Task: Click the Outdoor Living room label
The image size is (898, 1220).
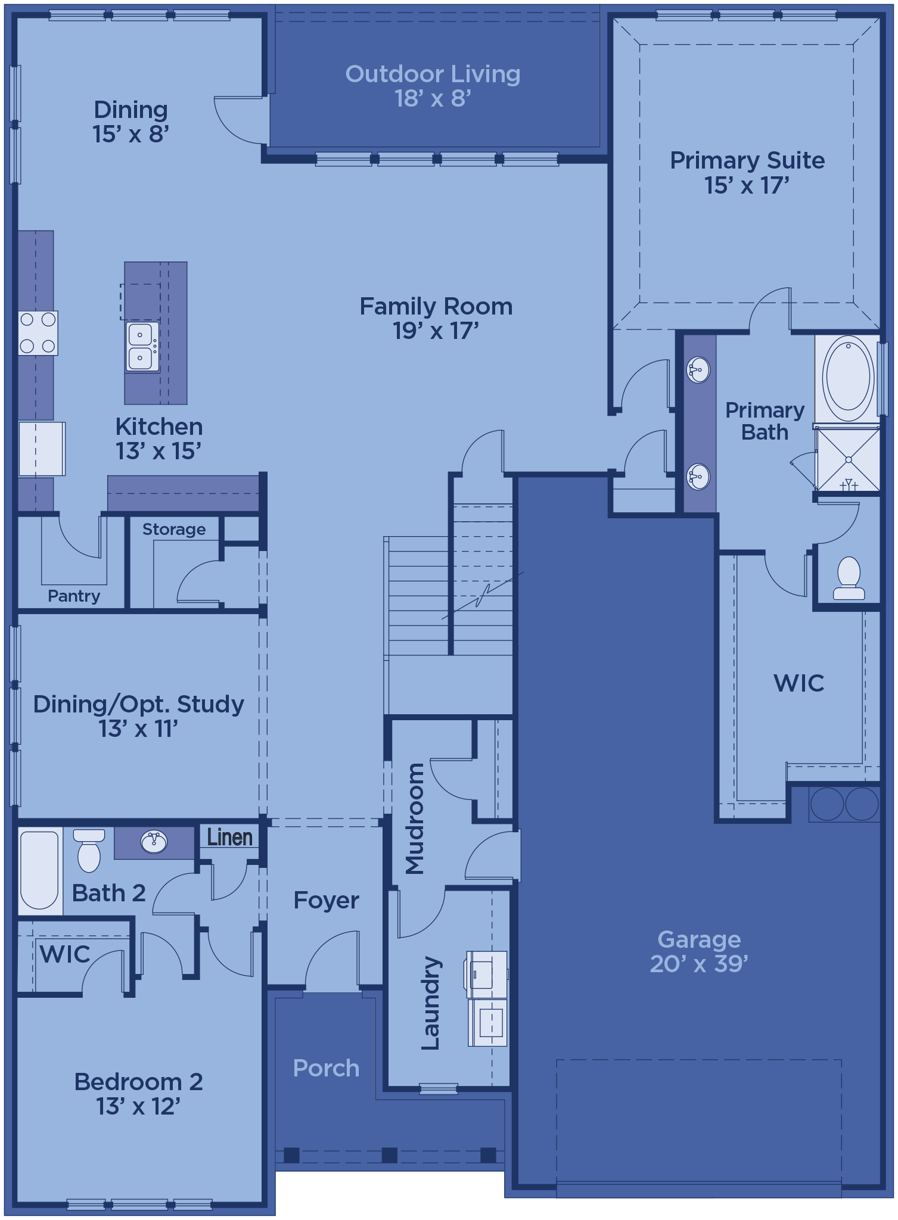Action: (433, 74)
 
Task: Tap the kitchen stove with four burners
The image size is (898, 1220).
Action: (38, 333)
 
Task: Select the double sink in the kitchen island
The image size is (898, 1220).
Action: (142, 346)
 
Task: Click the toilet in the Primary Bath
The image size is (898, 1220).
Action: (849, 578)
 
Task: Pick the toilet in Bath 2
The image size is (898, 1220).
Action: (89, 850)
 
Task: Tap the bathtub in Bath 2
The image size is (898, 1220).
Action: (39, 870)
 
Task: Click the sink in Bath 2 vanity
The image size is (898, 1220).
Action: (154, 842)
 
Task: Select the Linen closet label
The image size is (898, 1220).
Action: (230, 837)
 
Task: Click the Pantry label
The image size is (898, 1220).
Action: (74, 596)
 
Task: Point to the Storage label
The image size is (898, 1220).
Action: (174, 529)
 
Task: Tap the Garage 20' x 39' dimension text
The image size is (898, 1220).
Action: (699, 963)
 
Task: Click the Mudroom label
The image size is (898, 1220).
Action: (415, 818)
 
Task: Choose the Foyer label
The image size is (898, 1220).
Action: (327, 900)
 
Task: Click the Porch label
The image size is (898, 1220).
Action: (327, 1068)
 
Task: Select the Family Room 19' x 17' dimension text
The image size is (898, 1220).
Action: (436, 331)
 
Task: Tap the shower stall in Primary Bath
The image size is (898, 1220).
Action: (848, 459)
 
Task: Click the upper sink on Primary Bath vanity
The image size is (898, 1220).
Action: (698, 371)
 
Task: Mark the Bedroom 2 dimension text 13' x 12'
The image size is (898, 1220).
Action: (138, 1106)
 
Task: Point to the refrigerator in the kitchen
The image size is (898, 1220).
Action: (42, 449)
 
